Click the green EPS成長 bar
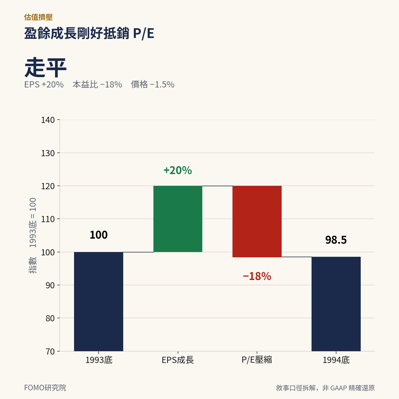[x=178, y=219]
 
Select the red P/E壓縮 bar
[x=257, y=221]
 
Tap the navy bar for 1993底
[x=99, y=301]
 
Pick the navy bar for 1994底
[x=336, y=304]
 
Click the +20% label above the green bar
[x=178, y=170]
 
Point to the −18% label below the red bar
[x=257, y=276]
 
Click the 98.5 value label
[x=336, y=240]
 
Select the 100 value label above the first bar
[x=99, y=235]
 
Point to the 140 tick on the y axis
[x=48, y=120]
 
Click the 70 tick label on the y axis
[x=50, y=351]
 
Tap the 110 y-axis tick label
[x=48, y=219]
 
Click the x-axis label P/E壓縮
[x=257, y=360]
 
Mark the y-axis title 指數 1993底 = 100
[x=32, y=236]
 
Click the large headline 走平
[x=45, y=68]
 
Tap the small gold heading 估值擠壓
[x=38, y=17]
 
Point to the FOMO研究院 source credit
[x=45, y=388]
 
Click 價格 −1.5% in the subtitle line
[x=153, y=84]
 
